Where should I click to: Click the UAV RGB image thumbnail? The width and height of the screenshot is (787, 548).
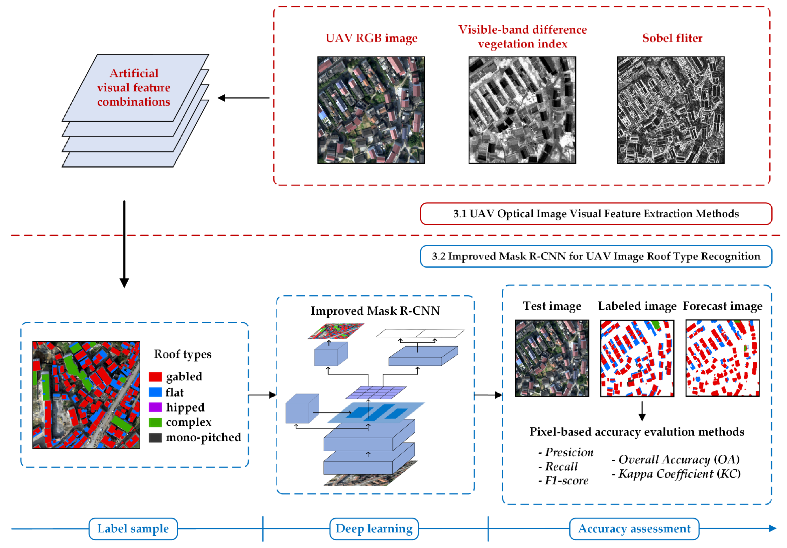tap(371, 110)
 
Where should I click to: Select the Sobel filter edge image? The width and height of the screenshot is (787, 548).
tap(670, 110)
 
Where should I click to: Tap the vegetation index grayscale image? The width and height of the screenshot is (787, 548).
tap(522, 110)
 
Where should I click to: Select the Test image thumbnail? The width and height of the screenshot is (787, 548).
tap(552, 358)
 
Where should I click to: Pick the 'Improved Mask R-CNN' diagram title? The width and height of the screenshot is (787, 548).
tap(375, 311)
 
